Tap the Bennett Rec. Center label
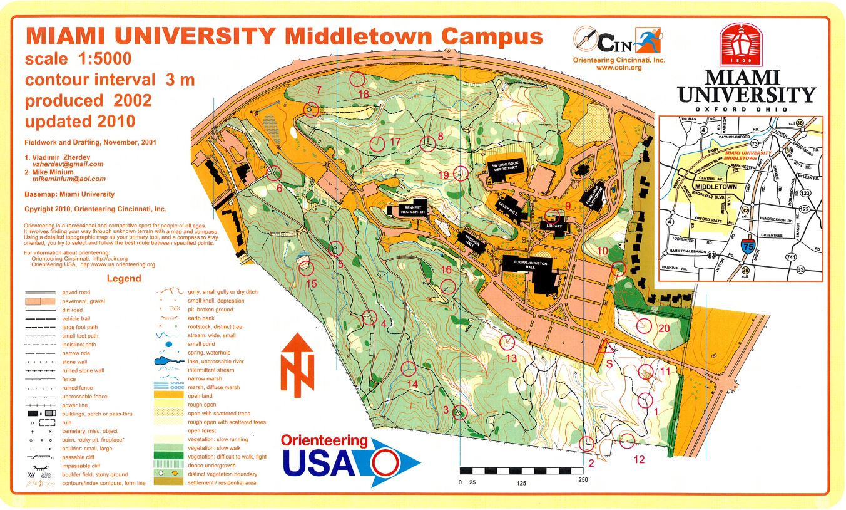click(414, 209)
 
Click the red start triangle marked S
click(605, 347)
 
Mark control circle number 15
click(306, 268)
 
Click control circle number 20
click(645, 326)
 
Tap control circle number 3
click(460, 412)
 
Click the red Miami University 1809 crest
click(741, 44)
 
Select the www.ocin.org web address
click(619, 67)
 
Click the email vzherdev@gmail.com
click(68, 164)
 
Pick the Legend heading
click(123, 278)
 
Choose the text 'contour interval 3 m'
click(110, 80)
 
